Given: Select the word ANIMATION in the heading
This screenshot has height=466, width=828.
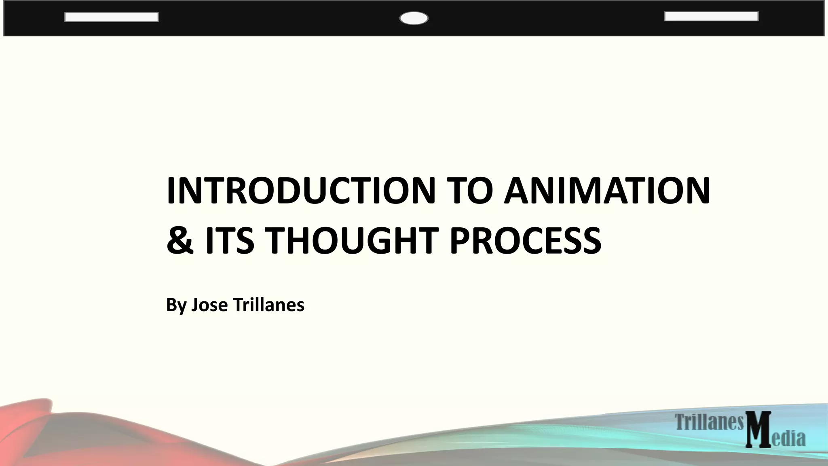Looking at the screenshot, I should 606,191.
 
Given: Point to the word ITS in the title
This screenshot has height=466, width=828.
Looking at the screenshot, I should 230,241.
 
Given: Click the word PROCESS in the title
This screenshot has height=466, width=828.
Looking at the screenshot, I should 525,241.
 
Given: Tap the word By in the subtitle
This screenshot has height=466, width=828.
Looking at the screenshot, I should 176,305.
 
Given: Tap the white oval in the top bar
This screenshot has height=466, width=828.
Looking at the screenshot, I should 414,19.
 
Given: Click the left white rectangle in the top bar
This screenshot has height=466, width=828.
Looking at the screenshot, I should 111,17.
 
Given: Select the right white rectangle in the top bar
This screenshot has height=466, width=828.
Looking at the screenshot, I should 711,16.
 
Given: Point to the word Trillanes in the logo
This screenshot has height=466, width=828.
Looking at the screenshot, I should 709,422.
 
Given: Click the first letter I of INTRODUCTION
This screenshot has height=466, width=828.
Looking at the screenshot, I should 171,191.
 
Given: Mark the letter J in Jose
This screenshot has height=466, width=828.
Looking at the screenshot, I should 195,305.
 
